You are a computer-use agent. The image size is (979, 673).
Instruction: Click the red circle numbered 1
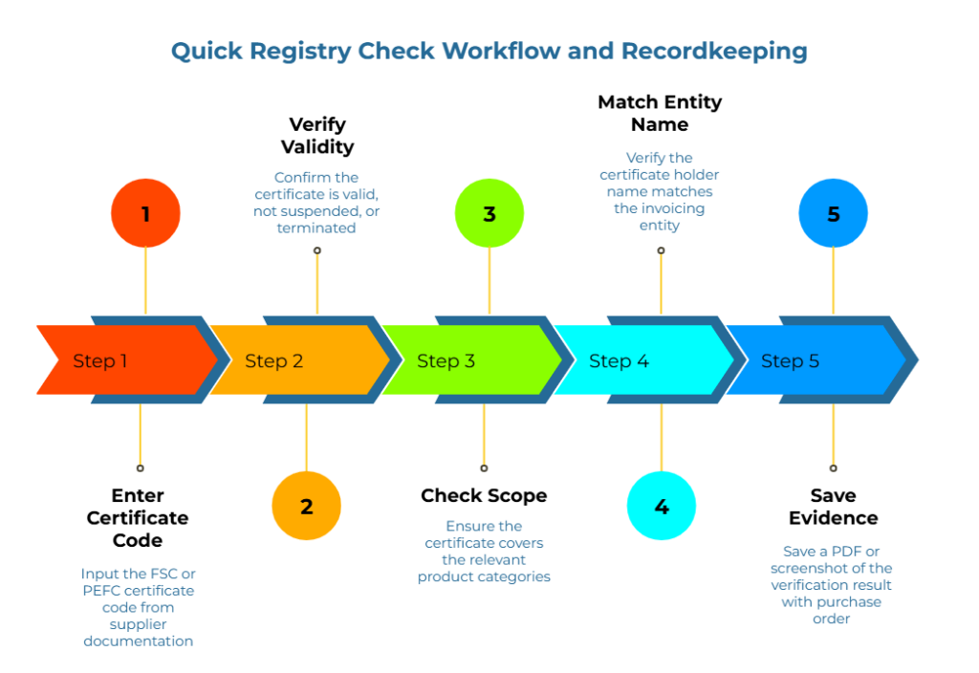click(x=145, y=213)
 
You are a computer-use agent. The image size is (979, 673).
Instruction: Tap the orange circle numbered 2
click(x=306, y=506)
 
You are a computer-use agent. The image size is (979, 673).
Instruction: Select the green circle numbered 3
click(x=489, y=213)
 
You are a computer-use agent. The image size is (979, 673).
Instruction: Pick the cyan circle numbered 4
click(x=662, y=506)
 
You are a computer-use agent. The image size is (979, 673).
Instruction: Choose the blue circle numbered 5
click(x=834, y=213)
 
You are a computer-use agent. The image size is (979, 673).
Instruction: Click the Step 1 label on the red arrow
click(x=100, y=361)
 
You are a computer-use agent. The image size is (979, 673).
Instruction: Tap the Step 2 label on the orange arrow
click(x=273, y=361)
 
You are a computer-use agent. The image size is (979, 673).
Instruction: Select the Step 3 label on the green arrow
click(x=446, y=361)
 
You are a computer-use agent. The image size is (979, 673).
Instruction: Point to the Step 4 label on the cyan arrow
click(x=619, y=361)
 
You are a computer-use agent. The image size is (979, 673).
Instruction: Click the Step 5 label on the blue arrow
click(x=790, y=361)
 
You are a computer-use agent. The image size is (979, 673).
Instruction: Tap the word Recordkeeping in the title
click(x=714, y=51)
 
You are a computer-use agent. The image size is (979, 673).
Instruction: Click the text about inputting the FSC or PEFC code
click(x=139, y=607)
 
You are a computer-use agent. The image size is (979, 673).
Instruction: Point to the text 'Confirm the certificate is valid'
click(x=317, y=202)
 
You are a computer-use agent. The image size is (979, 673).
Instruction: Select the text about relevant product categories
click(x=485, y=552)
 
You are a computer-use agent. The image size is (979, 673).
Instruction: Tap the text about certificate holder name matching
click(x=660, y=191)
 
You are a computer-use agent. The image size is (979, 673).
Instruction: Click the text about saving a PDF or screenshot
click(x=832, y=585)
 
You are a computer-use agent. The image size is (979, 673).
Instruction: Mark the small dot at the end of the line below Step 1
click(x=140, y=467)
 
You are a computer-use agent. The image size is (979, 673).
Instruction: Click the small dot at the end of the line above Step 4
click(x=661, y=250)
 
